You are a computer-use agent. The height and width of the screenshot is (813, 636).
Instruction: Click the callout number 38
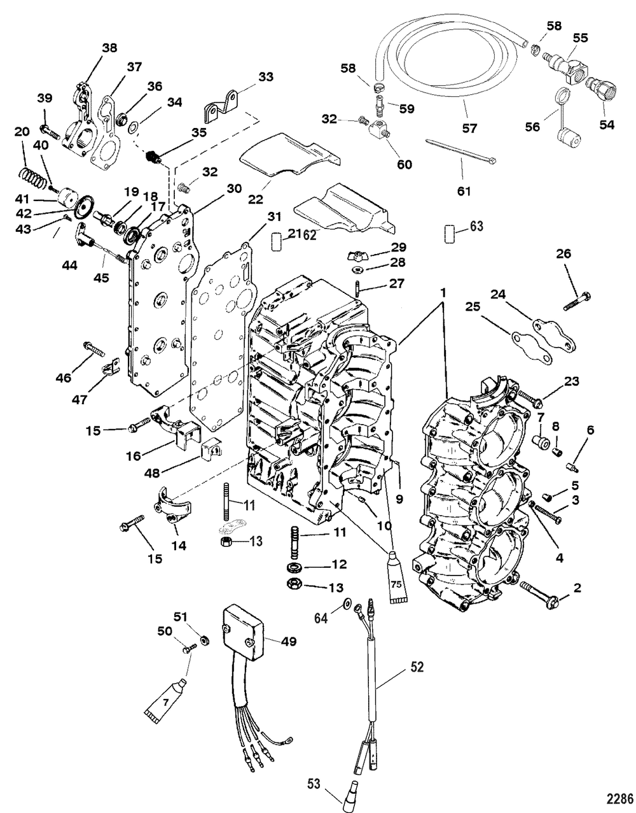pos(109,48)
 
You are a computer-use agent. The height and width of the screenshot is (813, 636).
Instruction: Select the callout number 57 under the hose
pos(469,129)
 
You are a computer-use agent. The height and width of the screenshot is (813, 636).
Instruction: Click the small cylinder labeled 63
pos(450,234)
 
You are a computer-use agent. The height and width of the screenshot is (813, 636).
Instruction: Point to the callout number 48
pos(152,473)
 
